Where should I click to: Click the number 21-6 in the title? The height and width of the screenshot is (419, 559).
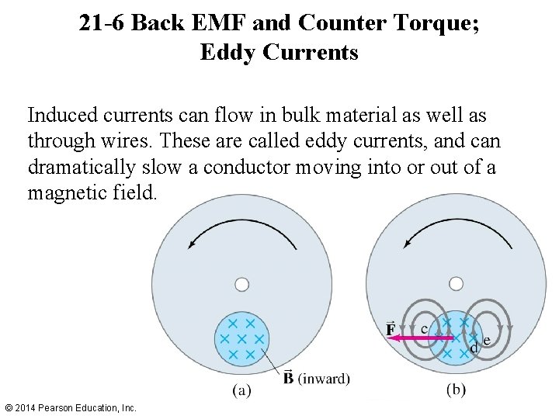(104, 24)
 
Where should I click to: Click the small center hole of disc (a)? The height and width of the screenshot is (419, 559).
(242, 285)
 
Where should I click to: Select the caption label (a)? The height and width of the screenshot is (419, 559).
(242, 391)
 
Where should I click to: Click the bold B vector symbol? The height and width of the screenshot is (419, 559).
(289, 378)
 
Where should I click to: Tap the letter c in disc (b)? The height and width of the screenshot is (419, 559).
(423, 329)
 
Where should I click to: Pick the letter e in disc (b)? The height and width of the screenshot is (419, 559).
(487, 341)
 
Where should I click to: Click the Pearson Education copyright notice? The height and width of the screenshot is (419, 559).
(71, 407)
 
